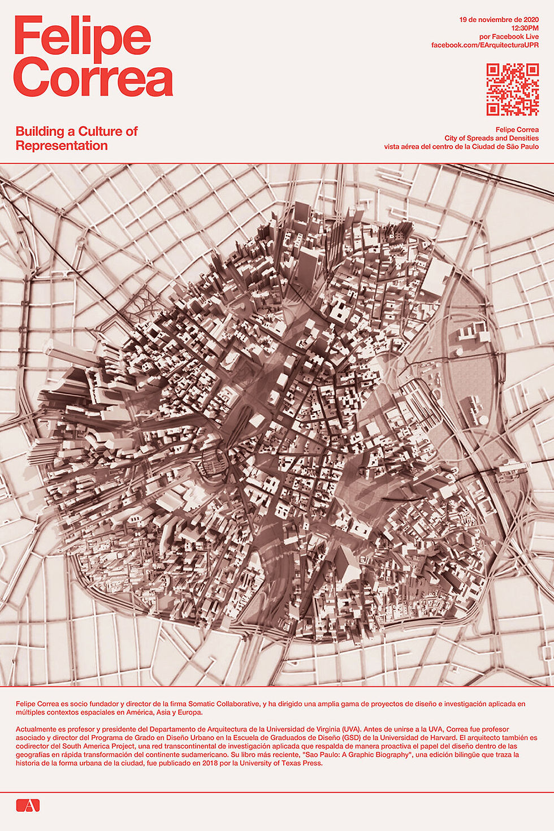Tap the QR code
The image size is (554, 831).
[512, 89]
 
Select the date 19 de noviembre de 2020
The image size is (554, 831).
[499, 20]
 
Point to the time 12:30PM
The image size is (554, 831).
[525, 28]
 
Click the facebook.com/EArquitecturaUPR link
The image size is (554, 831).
[484, 45]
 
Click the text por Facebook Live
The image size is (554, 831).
[508, 36]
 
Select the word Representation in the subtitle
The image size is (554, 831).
[62, 146]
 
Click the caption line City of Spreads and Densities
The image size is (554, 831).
[491, 138]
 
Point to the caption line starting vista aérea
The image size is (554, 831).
[461, 147]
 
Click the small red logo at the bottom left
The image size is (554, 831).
[28, 805]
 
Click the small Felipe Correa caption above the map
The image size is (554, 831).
[517, 129]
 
